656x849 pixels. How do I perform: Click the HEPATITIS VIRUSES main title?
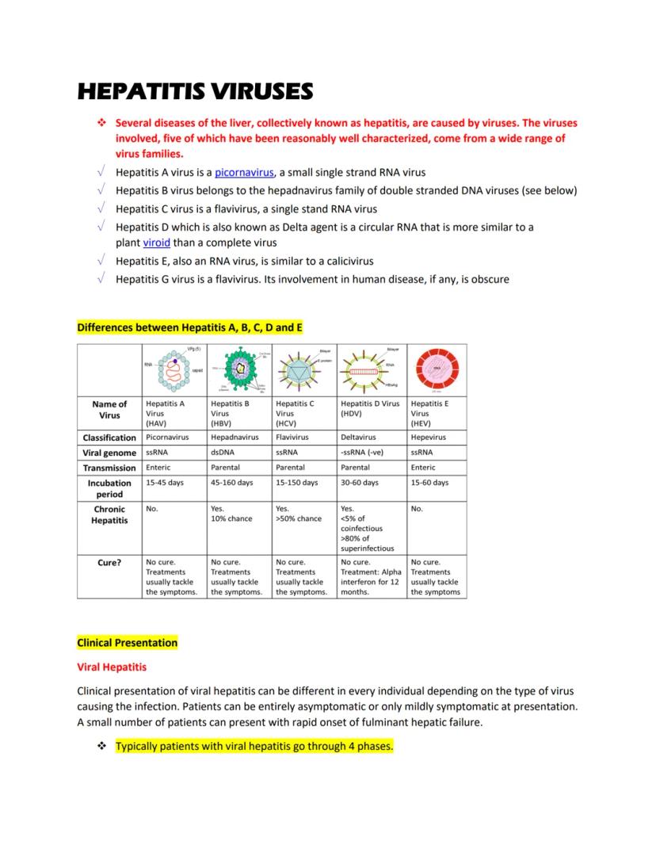(x=195, y=91)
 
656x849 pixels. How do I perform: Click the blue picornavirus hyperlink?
(x=244, y=172)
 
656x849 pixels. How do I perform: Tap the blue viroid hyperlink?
(x=156, y=243)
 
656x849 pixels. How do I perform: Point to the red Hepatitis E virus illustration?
(x=437, y=370)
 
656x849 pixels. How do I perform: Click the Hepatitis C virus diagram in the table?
(x=303, y=370)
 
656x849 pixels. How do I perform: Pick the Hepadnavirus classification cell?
(x=235, y=437)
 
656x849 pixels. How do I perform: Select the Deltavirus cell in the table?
(x=358, y=437)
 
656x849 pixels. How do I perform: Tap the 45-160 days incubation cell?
(x=232, y=482)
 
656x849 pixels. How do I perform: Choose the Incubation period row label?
(x=109, y=488)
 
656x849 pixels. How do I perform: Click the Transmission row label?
(x=109, y=468)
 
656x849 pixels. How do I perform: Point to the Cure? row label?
(x=109, y=563)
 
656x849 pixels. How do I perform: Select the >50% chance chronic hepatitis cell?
(x=299, y=518)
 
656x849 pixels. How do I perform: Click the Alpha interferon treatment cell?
(x=371, y=576)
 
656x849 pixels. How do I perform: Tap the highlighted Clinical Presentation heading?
(x=128, y=642)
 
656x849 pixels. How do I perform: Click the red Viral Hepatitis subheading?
(x=112, y=667)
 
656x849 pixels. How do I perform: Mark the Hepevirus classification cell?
(x=429, y=437)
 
